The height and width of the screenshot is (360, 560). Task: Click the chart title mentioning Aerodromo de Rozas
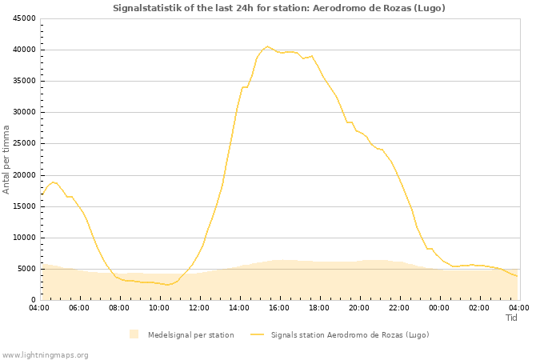pyautogui.click(x=279, y=8)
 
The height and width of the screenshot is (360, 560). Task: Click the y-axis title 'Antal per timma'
pyautogui.click(x=6, y=158)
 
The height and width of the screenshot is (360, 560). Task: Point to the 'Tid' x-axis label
pyautogui.click(x=511, y=318)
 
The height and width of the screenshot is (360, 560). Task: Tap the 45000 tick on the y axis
pyautogui.click(x=23, y=18)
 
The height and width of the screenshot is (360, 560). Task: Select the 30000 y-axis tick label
pyautogui.click(x=23, y=112)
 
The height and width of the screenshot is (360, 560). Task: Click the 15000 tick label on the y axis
pyautogui.click(x=23, y=206)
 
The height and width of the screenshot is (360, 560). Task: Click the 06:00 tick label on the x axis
pyautogui.click(x=79, y=307)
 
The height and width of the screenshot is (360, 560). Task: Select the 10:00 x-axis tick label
pyautogui.click(x=159, y=307)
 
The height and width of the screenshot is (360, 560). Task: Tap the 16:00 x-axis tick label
pyautogui.click(x=279, y=307)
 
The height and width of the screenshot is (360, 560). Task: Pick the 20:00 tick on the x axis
pyautogui.click(x=359, y=307)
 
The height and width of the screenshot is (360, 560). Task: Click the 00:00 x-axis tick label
pyautogui.click(x=439, y=307)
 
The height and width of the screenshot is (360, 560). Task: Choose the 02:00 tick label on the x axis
pyautogui.click(x=479, y=307)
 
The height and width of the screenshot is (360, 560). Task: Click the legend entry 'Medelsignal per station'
pyautogui.click(x=190, y=334)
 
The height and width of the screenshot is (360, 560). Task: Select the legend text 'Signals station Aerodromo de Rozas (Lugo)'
pyautogui.click(x=350, y=334)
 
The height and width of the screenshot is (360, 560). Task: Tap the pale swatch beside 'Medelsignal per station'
pyautogui.click(x=134, y=334)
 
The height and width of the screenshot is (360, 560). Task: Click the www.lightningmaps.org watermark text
pyautogui.click(x=46, y=354)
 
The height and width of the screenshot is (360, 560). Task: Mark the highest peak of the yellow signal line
pyautogui.click(x=268, y=46)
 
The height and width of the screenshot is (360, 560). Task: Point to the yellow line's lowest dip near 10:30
pyautogui.click(x=168, y=285)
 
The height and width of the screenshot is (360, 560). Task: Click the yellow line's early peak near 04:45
pyautogui.click(x=54, y=182)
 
